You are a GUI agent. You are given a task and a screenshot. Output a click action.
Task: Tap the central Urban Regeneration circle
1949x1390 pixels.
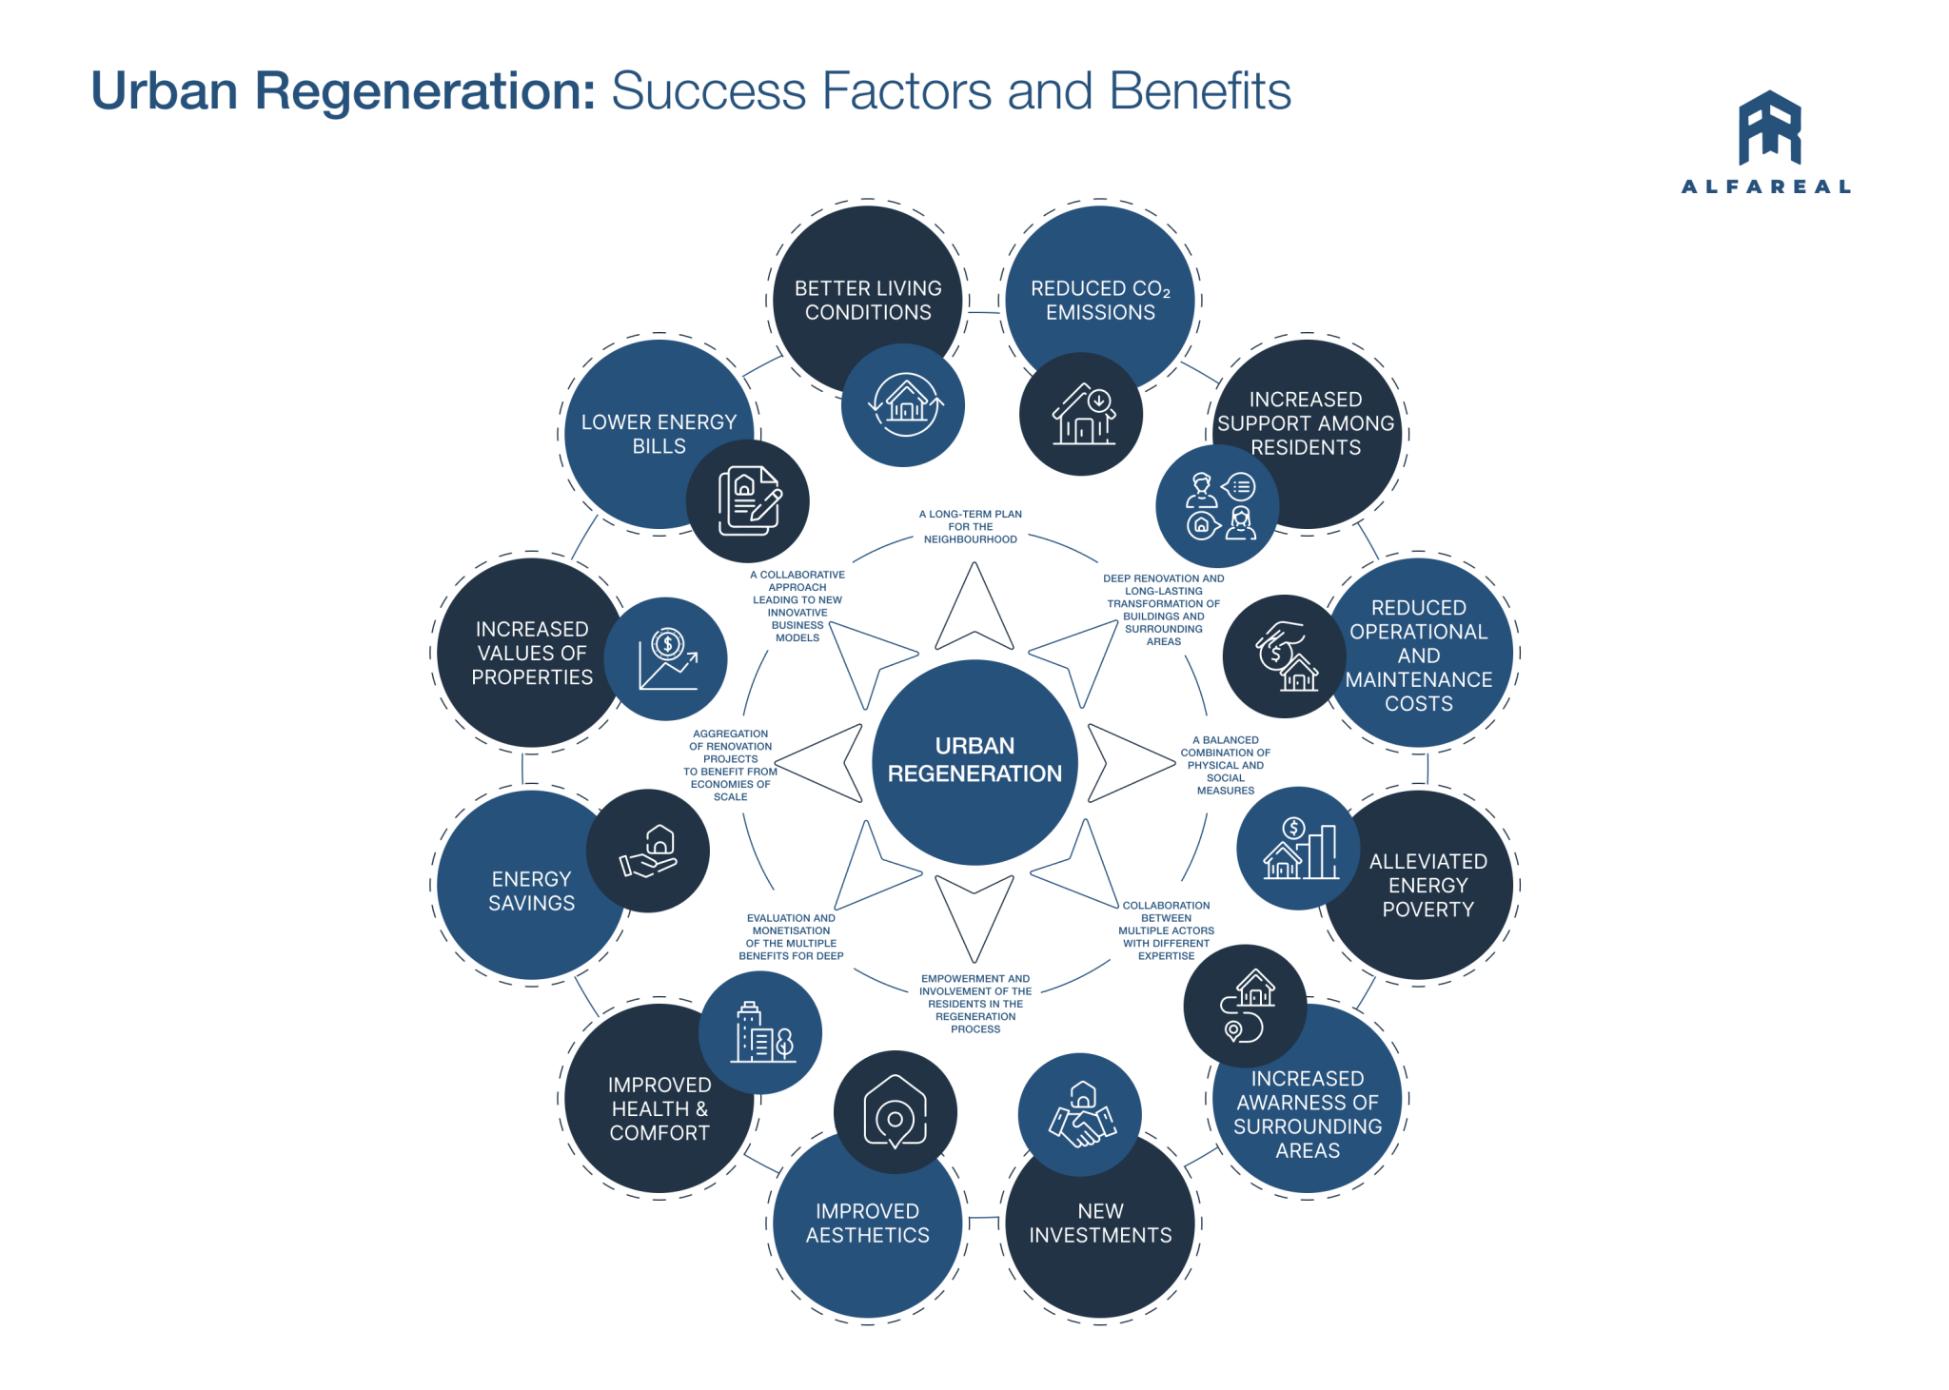pos(974,760)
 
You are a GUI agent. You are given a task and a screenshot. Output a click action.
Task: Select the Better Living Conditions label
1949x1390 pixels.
pos(868,300)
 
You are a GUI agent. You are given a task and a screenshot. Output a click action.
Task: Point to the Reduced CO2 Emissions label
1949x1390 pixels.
pos(1100,300)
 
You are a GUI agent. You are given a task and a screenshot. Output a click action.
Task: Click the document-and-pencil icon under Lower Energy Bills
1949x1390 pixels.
pos(748,500)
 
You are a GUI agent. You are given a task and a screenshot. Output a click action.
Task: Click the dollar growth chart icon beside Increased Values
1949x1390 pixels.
pos(667,658)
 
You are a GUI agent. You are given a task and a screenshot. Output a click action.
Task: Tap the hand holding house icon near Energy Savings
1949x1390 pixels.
pos(648,851)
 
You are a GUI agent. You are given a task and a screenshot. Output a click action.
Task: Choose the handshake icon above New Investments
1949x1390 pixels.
pos(1081,1115)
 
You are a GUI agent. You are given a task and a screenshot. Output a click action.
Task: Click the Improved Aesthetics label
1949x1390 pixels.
pos(867,1223)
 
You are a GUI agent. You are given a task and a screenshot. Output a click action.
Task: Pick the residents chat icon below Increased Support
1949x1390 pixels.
pos(1218,506)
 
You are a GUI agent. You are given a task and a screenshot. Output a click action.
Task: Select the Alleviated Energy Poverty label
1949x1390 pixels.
pos(1427,885)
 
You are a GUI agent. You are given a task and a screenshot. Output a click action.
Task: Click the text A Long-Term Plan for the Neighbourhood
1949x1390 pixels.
pos(971,526)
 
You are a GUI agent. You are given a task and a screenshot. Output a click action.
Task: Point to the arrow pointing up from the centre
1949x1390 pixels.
pos(974,609)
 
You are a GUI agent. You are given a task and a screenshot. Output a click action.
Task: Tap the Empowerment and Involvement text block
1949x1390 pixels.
pos(975,1003)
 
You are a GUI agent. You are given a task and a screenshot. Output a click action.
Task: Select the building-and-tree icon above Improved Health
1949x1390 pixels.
pos(760,1032)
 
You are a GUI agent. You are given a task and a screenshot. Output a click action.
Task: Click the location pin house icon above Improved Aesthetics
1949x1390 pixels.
pos(895,1111)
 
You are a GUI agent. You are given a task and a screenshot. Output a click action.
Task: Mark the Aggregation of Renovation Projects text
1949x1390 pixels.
pos(731,765)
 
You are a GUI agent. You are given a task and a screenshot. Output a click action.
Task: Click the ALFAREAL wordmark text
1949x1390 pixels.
pos(1766,186)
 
